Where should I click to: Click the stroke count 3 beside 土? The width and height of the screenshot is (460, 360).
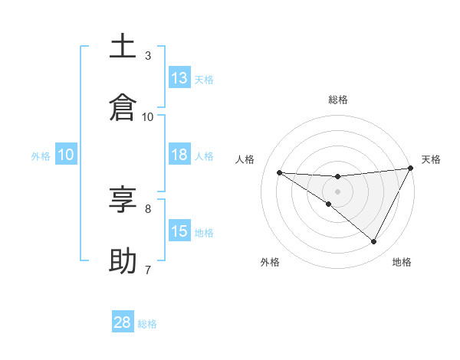148,55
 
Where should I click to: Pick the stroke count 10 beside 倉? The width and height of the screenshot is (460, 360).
148,116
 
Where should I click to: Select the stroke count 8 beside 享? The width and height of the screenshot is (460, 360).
148,208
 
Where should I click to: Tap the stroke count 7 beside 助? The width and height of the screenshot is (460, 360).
148,270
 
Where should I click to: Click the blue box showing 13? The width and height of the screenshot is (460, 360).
179,78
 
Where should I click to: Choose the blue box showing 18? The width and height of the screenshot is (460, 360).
179,155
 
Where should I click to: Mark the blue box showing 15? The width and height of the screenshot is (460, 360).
179,231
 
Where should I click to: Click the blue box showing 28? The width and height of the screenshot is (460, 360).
123,322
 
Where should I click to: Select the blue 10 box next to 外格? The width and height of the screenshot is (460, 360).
66,155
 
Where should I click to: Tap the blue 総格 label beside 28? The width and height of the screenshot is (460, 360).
147,324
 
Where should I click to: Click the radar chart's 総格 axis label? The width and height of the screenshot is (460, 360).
338,100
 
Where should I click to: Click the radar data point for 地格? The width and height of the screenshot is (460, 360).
374,242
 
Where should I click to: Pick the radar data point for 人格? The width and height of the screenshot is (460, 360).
279,172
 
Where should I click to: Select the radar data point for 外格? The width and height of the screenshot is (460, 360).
329,205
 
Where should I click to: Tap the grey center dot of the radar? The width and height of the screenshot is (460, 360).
337,191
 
